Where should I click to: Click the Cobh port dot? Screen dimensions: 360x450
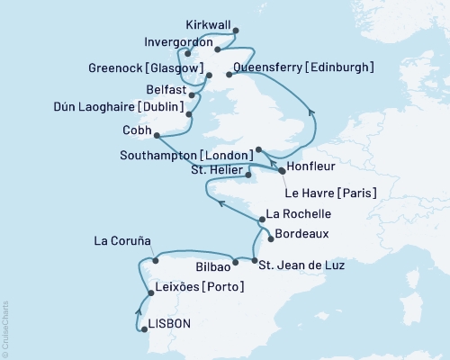[157, 136]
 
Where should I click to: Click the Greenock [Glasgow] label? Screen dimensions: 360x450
[145, 66]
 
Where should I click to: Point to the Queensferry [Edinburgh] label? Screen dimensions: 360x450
[303, 67]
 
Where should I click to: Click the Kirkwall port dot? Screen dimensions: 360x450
[236, 31]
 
